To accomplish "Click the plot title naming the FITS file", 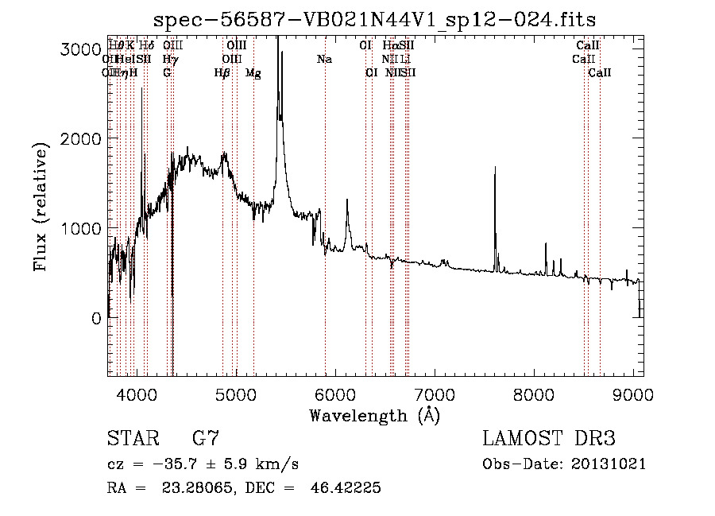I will tap(374, 19).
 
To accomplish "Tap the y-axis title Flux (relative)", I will tap(41, 207).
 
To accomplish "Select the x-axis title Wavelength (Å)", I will tap(374, 415).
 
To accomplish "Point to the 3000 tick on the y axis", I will tap(79, 48).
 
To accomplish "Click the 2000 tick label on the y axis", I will tap(79, 138).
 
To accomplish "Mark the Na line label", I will tap(324, 60).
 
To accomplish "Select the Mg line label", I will tap(253, 73).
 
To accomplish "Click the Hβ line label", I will tap(222, 73).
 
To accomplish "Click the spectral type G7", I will tap(206, 439).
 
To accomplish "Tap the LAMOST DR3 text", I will tap(549, 439).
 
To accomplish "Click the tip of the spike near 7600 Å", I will tap(495, 167).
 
